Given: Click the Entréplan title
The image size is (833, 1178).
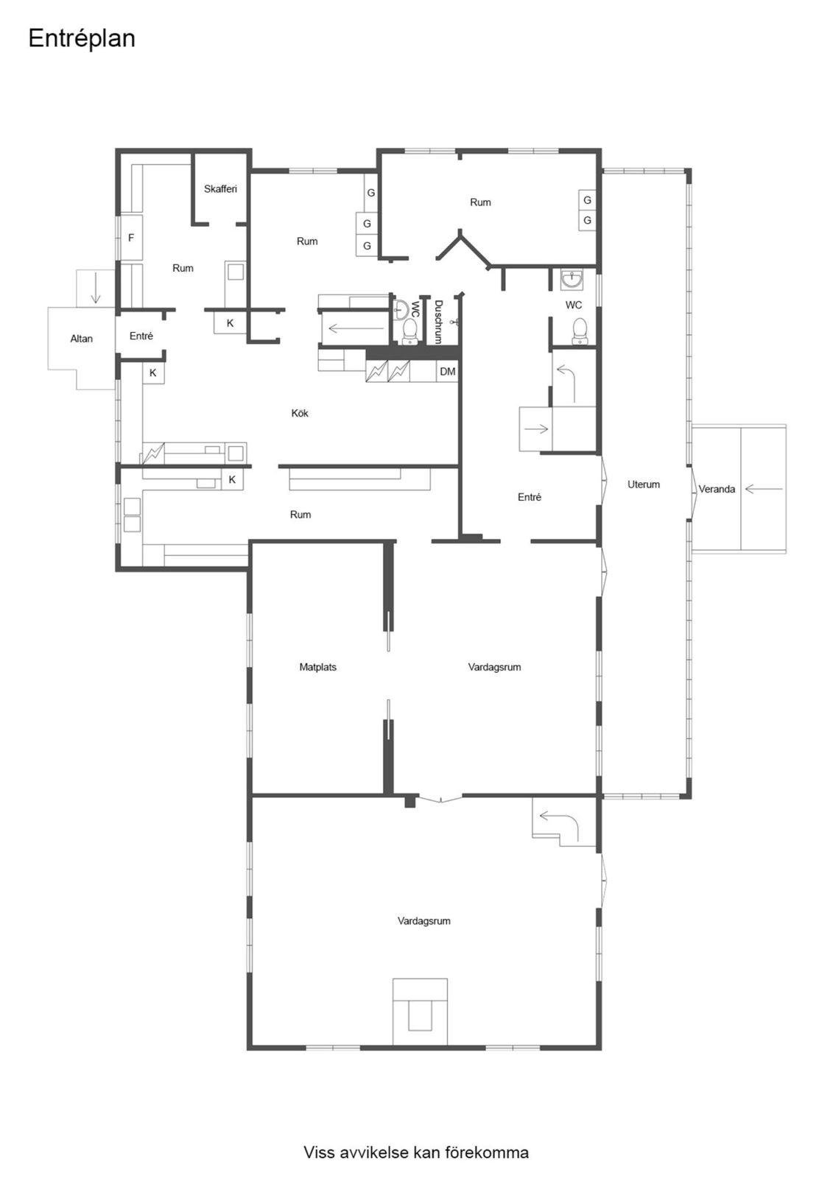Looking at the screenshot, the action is [82, 38].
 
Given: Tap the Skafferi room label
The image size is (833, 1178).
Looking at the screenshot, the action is [220, 188].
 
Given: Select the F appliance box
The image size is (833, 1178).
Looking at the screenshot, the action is [131, 237].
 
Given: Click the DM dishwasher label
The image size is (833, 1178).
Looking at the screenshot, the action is [447, 372].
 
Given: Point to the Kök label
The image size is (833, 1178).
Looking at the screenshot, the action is [300, 413].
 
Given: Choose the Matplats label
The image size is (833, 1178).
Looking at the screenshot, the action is [318, 667].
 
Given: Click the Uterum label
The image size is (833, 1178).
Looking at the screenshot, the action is [644, 484].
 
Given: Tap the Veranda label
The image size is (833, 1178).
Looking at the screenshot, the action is [717, 489].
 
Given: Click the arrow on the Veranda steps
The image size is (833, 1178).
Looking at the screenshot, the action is [764, 489].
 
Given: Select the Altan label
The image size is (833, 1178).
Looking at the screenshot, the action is [82, 339].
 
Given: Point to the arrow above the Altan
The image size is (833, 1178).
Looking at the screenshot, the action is [95, 288].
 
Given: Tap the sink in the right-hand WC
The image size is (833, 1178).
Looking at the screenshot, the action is [572, 279].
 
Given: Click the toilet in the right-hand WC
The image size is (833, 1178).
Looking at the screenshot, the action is [580, 331].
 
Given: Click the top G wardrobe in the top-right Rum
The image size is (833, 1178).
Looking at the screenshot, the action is [587, 200].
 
